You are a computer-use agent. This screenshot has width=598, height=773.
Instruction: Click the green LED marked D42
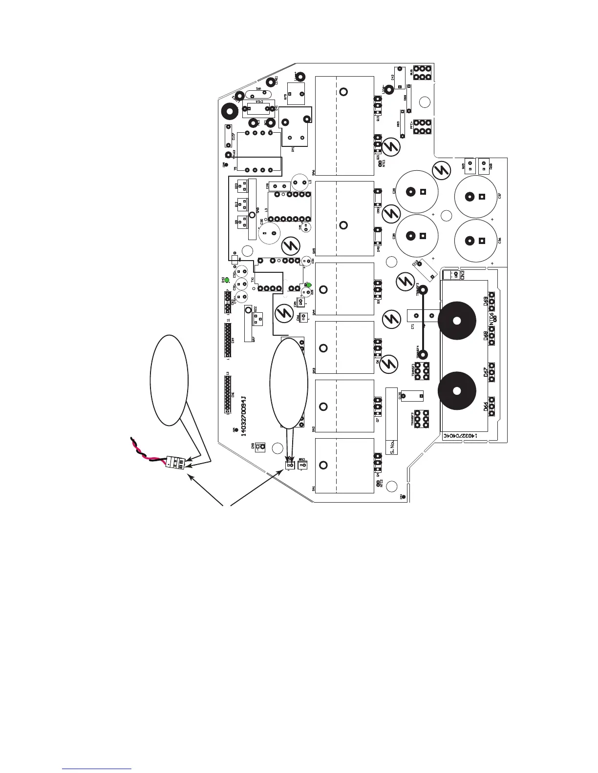point(227,281)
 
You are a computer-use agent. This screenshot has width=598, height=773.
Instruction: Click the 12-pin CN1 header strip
point(228,393)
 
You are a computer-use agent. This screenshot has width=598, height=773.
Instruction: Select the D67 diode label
point(486,372)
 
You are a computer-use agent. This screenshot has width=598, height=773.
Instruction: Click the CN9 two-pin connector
point(260,446)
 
